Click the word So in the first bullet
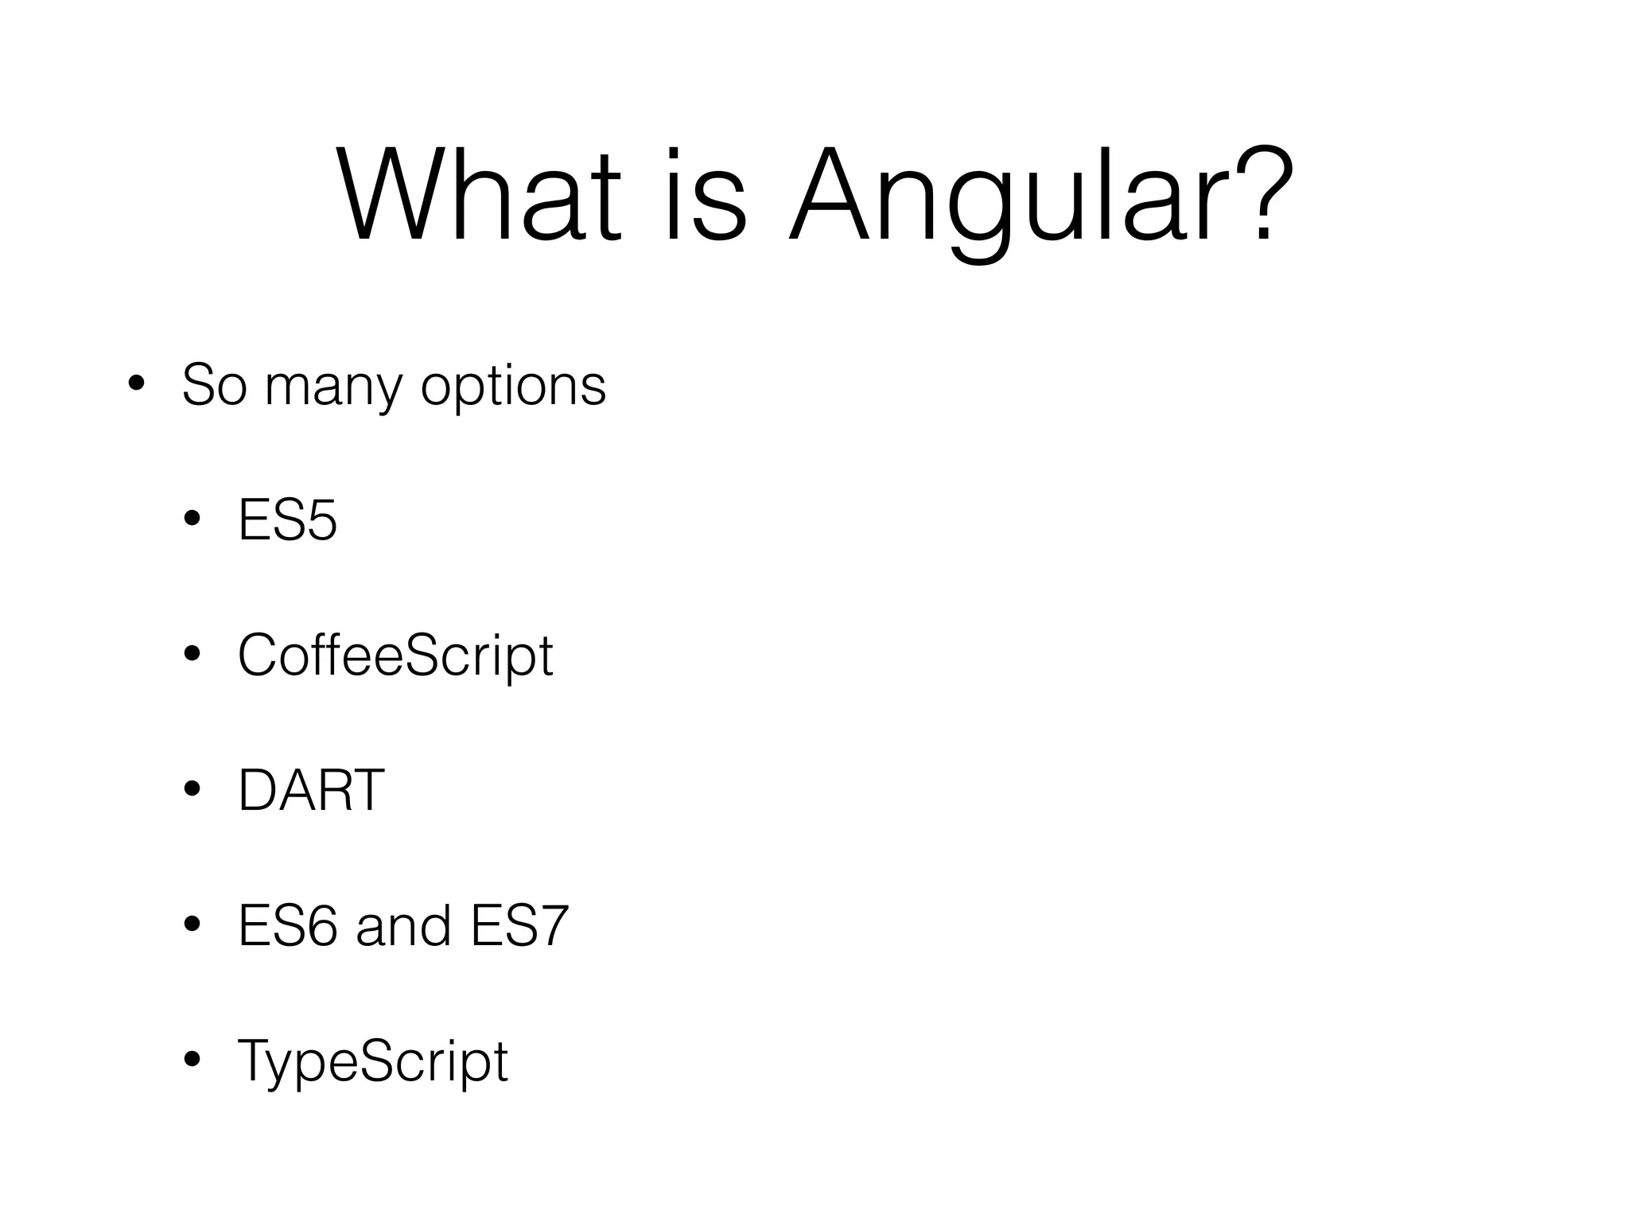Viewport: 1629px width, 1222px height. pyautogui.click(x=214, y=385)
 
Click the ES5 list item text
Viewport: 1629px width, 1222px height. pyautogui.click(x=288, y=521)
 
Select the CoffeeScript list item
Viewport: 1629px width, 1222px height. pyautogui.click(x=395, y=657)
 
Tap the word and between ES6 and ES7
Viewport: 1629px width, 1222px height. pyautogui.click(x=403, y=926)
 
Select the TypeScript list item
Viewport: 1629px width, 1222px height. pyautogui.click(x=372, y=1063)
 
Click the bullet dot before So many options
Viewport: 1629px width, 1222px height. pyautogui.click(x=136, y=385)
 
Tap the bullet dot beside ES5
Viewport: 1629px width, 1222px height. pyautogui.click(x=192, y=521)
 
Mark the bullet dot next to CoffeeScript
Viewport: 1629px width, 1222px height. pyautogui.click(x=192, y=656)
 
